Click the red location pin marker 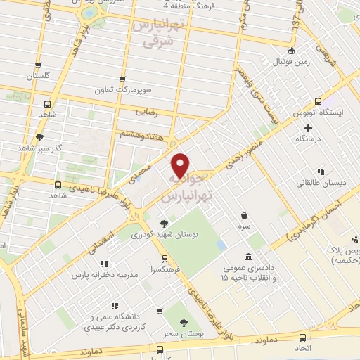point(181,165)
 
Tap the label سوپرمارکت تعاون point(123,91)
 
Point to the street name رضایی point(145,112)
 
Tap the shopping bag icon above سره point(244,215)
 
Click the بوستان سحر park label point(184,334)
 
